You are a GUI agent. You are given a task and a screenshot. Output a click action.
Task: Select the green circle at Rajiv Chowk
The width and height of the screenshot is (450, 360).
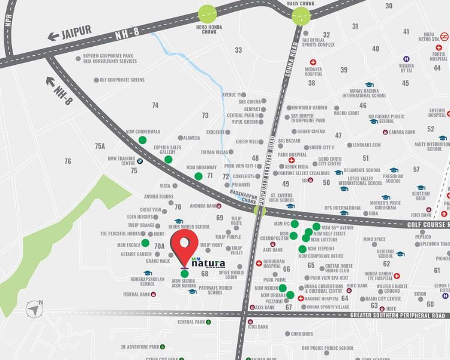pyautogui.click(x=301, y=16)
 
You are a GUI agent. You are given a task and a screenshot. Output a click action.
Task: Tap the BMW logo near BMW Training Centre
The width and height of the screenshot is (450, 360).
pyautogui.click(x=138, y=161)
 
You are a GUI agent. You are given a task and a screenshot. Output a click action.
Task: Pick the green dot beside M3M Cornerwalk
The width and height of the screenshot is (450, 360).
pyautogui.click(x=142, y=140)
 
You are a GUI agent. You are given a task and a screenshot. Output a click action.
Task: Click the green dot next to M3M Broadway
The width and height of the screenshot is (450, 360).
pyautogui.click(x=199, y=176)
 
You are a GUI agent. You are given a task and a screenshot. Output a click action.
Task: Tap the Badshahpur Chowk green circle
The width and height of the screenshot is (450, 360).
pyautogui.click(x=259, y=210)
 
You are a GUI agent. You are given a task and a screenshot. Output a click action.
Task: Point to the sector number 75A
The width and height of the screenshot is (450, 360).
pyautogui.click(x=100, y=146)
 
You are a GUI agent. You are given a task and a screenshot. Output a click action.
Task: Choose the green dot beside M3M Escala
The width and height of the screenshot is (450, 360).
pyautogui.click(x=146, y=244)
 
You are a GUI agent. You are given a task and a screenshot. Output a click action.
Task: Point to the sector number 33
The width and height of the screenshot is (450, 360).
pyautogui.click(x=238, y=50)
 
